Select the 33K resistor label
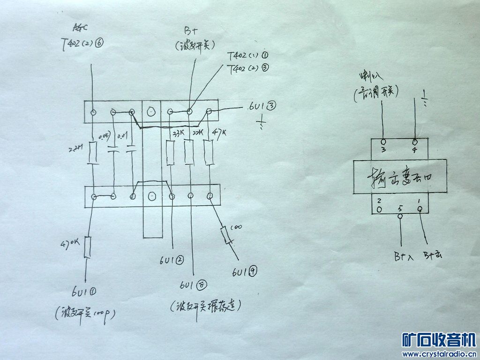(x=178, y=134)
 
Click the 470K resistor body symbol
(x=87, y=247)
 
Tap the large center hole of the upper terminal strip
(x=150, y=112)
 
